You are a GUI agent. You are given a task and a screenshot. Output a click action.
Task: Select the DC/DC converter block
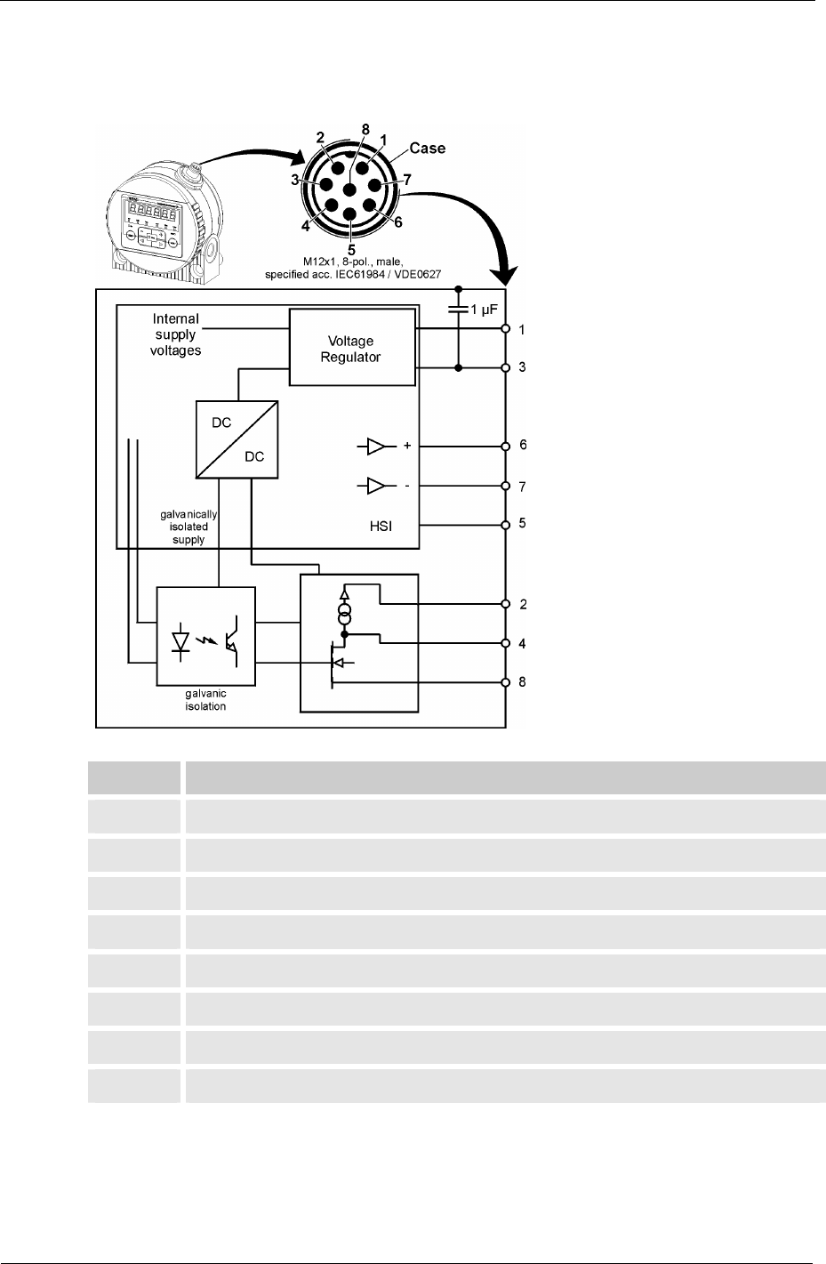(x=237, y=439)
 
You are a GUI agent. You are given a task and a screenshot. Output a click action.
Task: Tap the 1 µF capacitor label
(x=485, y=311)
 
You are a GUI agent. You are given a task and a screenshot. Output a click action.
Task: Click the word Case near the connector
(x=427, y=149)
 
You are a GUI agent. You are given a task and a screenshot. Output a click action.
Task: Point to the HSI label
(x=381, y=527)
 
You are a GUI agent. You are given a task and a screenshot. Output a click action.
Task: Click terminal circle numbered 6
(x=505, y=446)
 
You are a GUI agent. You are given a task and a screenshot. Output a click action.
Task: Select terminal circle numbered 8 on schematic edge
(x=505, y=682)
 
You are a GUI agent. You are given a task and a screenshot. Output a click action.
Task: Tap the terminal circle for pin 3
(x=505, y=367)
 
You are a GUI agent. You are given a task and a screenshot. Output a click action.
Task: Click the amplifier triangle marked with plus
(x=377, y=446)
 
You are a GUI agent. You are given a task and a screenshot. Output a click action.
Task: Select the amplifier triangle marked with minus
(x=377, y=487)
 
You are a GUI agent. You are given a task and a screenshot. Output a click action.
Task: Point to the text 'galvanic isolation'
(x=205, y=700)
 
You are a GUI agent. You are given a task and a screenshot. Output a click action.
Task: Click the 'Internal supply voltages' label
(x=176, y=334)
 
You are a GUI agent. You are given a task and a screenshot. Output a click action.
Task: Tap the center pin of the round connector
(x=351, y=189)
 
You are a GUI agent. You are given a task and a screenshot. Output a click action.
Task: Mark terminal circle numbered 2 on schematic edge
(x=505, y=604)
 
